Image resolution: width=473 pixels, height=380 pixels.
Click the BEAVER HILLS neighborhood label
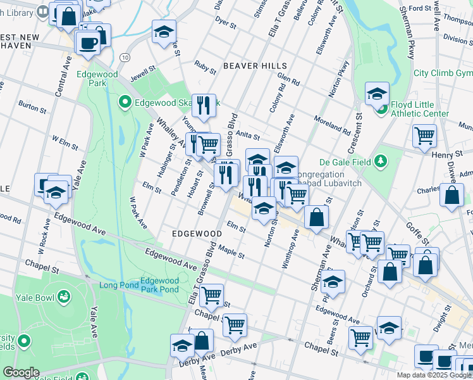click(255, 66)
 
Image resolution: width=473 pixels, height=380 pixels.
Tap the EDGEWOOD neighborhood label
click(197, 234)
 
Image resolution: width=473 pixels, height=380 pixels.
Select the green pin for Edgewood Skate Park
click(125, 101)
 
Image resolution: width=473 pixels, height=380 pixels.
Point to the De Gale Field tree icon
click(381, 161)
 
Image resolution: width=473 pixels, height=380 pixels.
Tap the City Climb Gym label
click(443, 73)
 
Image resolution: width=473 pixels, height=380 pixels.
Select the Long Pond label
click(118, 285)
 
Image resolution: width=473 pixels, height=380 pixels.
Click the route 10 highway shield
click(125, 58)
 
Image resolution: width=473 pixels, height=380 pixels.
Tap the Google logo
click(21, 372)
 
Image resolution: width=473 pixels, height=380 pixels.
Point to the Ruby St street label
click(206, 65)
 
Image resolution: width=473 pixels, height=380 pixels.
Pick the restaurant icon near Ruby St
click(203, 106)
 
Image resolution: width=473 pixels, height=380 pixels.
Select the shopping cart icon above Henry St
click(424, 136)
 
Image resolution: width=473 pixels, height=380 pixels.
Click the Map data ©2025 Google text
click(434, 375)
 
